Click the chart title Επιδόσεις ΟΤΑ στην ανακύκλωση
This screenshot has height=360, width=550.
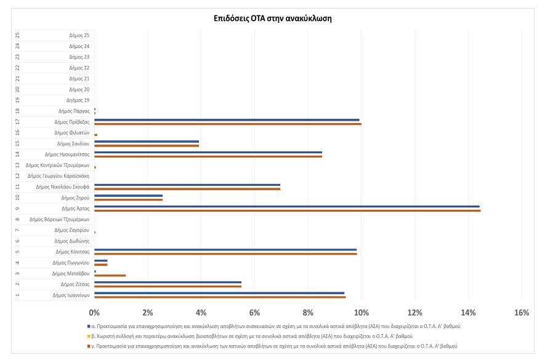[273, 18]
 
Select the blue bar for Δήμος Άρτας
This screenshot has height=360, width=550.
[287, 207]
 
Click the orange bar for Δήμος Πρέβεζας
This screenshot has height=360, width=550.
[228, 124]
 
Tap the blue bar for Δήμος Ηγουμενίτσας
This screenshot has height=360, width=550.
[208, 153]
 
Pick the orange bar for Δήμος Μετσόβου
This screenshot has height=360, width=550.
[110, 276]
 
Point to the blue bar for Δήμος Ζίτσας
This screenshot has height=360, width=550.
[168, 282]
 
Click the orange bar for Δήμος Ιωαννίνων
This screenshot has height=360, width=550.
[220, 297]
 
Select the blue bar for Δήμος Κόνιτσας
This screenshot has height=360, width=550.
[225, 250]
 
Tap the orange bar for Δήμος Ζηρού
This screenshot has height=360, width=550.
[128, 200]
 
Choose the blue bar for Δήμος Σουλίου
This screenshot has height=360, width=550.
[147, 142]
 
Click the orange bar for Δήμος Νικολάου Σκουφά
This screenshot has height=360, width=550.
[187, 189]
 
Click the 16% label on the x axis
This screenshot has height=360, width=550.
[522, 313]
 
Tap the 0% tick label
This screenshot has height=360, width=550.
[94, 313]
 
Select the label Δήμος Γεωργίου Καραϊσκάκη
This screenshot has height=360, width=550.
[59, 176]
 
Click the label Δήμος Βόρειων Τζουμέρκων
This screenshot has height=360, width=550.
[59, 220]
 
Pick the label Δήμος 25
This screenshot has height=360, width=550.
[79, 36]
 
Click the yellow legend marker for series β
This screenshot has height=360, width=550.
[89, 337]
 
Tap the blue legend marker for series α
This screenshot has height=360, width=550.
[89, 326]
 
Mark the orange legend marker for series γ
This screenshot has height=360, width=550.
[89, 346]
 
